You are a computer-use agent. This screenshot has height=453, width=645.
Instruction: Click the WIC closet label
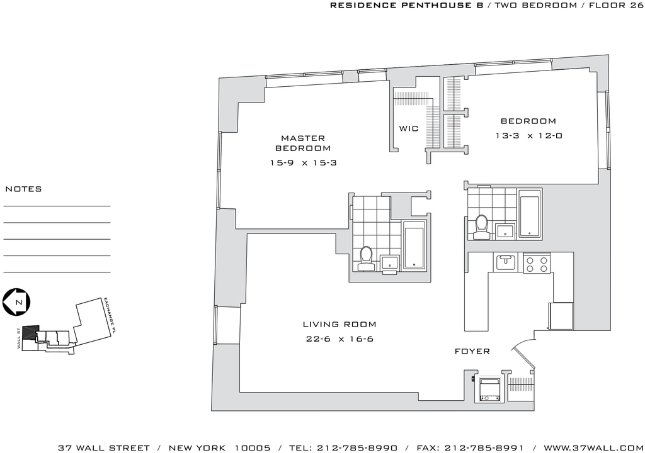408,129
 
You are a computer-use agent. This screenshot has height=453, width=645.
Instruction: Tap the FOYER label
472,352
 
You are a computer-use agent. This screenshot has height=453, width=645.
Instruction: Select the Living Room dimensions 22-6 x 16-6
340,339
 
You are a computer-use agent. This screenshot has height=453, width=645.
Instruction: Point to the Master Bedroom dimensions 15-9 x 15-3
303,163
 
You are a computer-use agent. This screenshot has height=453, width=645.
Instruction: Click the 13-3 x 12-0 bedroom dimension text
528,136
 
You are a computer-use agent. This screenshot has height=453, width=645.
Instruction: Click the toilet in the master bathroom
365,259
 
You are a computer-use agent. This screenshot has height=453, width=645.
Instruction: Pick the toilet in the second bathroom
481,227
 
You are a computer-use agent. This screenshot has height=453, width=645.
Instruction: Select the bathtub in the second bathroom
530,213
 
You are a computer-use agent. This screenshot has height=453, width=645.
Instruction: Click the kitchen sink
506,262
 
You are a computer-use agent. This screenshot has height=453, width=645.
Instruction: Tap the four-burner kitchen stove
537,263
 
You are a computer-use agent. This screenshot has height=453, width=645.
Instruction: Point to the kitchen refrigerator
561,316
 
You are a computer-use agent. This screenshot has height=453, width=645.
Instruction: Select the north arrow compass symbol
16,302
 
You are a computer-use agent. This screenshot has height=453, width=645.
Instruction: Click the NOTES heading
23,189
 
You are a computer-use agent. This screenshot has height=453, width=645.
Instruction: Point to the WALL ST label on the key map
19,338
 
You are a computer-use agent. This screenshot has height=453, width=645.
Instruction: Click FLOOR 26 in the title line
616,5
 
